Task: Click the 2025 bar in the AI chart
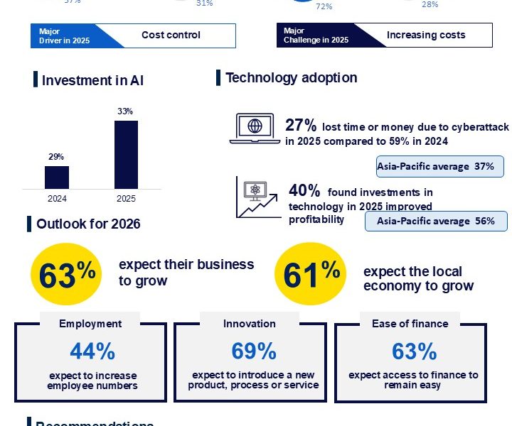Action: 126,154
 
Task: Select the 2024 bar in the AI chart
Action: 57,177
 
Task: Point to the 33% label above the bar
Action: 126,112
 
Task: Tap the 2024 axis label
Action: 57,198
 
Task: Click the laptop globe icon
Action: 255,129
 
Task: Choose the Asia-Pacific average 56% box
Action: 435,221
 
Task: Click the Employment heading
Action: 90,324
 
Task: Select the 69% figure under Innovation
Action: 253,351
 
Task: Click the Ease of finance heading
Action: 410,324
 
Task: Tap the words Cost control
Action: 171,35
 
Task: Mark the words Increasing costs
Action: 426,35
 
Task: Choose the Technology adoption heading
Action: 291,78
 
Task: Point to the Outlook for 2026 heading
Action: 88,224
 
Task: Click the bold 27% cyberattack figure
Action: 300,126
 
